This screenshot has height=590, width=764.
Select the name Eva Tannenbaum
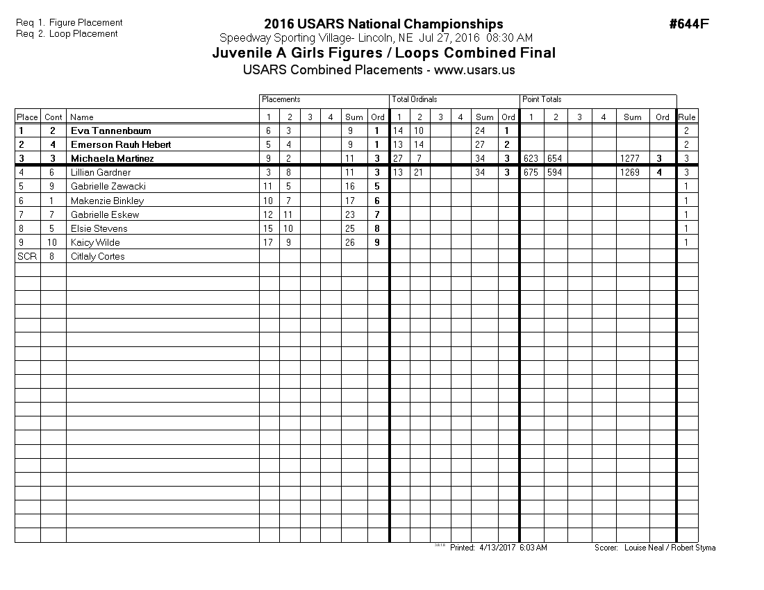click(x=110, y=130)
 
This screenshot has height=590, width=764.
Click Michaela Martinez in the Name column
click(x=112, y=158)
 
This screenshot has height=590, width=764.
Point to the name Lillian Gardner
click(x=101, y=172)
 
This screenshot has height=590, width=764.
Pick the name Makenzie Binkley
click(x=107, y=201)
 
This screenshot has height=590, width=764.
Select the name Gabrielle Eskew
click(x=105, y=214)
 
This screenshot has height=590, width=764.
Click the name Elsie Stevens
click(x=99, y=228)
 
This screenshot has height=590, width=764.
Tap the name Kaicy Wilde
click(x=95, y=242)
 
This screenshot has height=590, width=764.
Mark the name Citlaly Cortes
click(x=98, y=256)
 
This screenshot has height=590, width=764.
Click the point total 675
click(x=531, y=172)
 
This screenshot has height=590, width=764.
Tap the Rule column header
click(x=687, y=117)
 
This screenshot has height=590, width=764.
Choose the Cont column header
click(x=53, y=117)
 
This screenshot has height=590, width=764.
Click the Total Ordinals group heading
click(x=415, y=100)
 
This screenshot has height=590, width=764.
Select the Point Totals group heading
click(x=542, y=100)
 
